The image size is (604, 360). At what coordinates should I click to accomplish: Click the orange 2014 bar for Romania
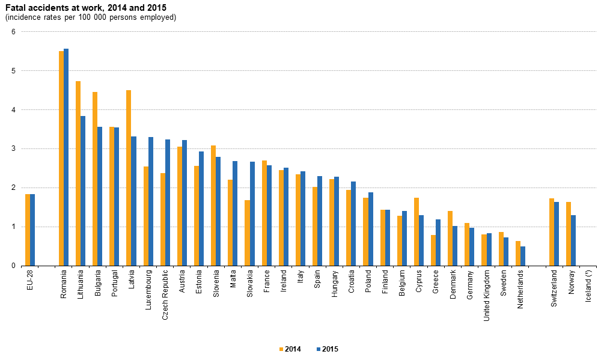(61, 159)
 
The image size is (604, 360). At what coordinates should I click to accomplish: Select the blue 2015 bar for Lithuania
(83, 191)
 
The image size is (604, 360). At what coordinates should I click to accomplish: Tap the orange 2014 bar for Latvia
(129, 178)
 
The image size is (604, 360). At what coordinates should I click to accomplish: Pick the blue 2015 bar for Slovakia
(252, 213)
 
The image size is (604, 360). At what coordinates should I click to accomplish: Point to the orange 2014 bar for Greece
(433, 250)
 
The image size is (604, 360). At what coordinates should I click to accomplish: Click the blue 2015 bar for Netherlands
(523, 256)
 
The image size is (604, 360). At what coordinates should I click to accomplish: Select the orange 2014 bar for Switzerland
(552, 232)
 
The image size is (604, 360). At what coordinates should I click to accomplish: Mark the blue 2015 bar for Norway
(573, 240)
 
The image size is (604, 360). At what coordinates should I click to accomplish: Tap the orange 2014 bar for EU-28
(28, 230)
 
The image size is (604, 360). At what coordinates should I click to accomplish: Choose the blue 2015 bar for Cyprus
(421, 240)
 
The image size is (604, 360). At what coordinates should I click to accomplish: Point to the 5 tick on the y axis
(13, 71)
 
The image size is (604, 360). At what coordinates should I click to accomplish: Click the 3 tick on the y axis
(13, 148)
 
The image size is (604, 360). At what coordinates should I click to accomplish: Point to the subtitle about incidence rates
(91, 17)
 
